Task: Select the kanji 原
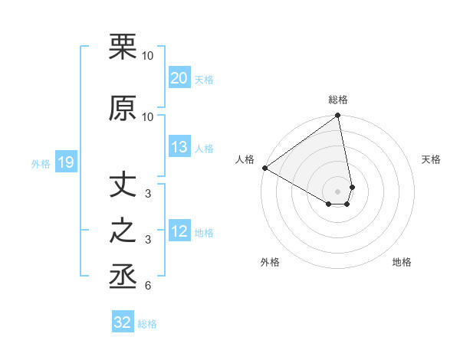[x=123, y=108]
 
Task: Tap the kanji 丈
[x=123, y=185]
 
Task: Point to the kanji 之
[x=123, y=231]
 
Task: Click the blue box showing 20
[x=179, y=78]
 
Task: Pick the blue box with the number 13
[x=179, y=148]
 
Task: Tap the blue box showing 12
[x=179, y=232]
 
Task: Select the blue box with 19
[x=65, y=162]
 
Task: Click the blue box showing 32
[x=123, y=322]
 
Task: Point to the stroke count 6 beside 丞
[x=148, y=286]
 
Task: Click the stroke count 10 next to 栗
[x=148, y=56]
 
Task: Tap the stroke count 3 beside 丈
[x=148, y=194]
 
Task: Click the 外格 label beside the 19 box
[x=41, y=163]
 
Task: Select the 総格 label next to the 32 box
[x=147, y=324]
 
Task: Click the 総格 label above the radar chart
[x=338, y=100]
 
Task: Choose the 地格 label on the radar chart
[x=402, y=263]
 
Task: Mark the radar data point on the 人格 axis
[x=264, y=168]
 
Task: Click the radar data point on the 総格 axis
[x=338, y=116]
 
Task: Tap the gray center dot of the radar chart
[x=338, y=191]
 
